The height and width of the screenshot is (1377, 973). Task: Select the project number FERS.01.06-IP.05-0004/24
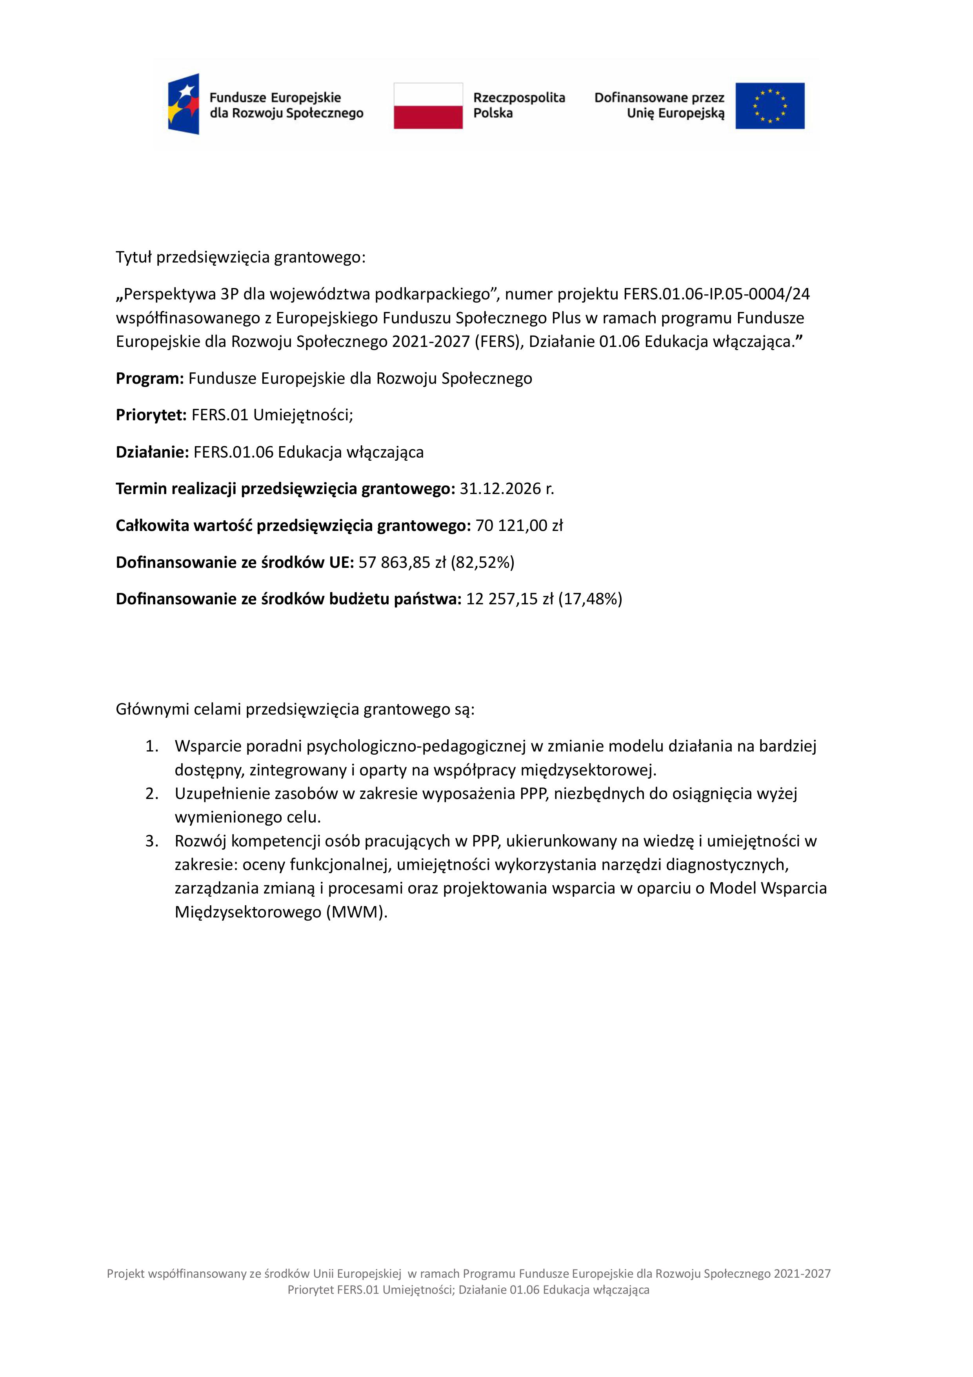[717, 294]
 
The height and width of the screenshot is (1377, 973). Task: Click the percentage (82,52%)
[483, 563]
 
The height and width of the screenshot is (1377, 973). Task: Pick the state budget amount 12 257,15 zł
[509, 599]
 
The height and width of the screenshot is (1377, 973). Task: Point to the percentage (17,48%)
[590, 599]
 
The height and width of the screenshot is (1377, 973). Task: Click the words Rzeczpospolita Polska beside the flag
[518, 105]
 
